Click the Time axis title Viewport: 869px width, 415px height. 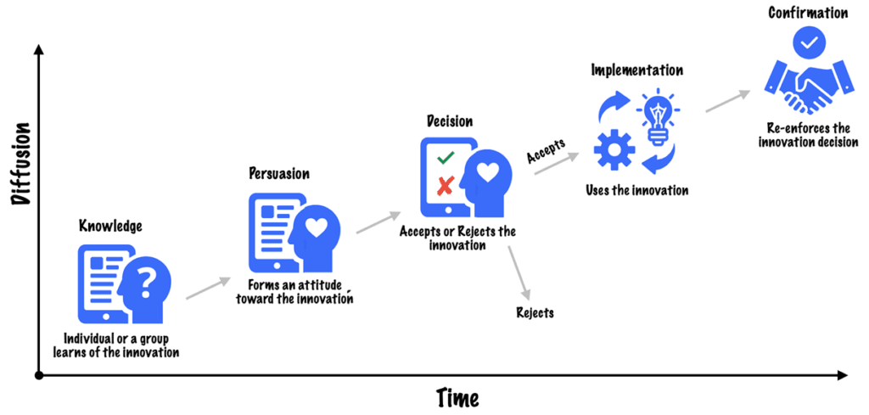[x=457, y=397]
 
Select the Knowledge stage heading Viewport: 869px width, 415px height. [x=110, y=226]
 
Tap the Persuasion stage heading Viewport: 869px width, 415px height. [x=278, y=173]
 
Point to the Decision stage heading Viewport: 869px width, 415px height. [x=450, y=122]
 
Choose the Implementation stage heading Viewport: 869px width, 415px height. [x=636, y=70]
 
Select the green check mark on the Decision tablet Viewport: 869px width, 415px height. [x=445, y=158]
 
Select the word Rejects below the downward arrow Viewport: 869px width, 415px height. [x=535, y=313]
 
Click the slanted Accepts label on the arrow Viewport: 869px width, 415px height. [x=546, y=153]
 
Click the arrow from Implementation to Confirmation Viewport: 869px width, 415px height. [x=728, y=99]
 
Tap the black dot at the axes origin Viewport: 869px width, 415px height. [x=38, y=374]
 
